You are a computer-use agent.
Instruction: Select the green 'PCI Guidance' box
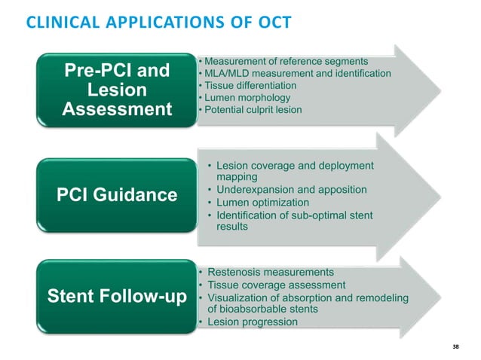point(116,195)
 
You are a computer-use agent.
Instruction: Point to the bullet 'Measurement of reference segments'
point(286,61)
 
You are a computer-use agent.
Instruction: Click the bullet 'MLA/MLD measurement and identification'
point(297,73)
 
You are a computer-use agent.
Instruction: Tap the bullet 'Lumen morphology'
point(245,98)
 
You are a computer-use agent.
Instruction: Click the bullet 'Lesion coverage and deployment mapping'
point(294,171)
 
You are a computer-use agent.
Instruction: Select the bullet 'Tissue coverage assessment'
point(276,285)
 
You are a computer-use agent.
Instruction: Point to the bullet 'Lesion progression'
point(252,322)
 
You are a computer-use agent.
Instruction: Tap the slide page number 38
point(455,346)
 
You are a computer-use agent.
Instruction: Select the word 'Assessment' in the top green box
point(116,111)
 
